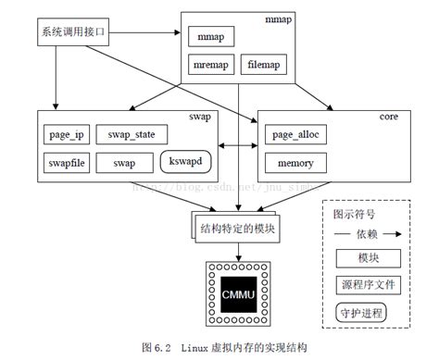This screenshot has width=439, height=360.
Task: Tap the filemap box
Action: (x=267, y=65)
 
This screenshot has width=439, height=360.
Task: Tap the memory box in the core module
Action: (x=296, y=164)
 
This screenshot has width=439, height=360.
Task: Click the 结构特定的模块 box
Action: (x=239, y=225)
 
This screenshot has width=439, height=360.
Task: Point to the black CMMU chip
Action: (x=240, y=293)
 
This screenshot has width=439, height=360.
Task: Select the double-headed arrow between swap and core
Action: (x=238, y=146)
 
